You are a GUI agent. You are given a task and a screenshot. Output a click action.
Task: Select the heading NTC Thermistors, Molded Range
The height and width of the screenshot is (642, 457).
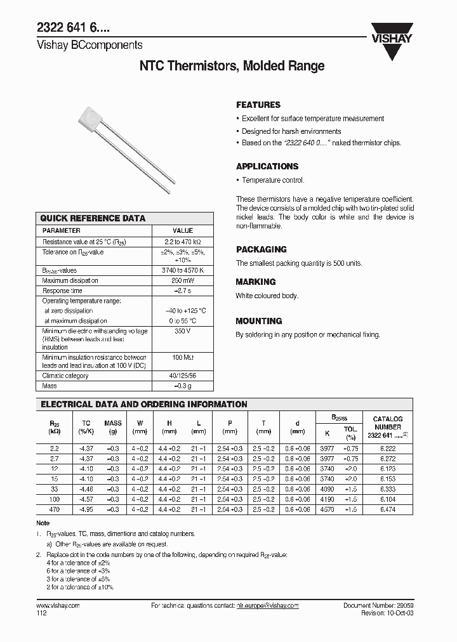pyautogui.click(x=232, y=66)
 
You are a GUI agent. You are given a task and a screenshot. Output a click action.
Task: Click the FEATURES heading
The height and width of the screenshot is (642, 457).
pyautogui.click(x=258, y=105)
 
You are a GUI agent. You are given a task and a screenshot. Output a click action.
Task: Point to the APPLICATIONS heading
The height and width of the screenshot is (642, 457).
pyautogui.click(x=267, y=166)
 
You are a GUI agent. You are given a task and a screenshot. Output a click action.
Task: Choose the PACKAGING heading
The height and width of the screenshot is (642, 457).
pyautogui.click(x=262, y=249)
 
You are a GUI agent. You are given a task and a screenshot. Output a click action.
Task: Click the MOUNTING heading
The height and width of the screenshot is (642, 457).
pyautogui.click(x=259, y=321)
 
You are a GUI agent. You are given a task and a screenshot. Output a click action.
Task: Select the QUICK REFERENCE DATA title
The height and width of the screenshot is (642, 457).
pyautogui.click(x=93, y=218)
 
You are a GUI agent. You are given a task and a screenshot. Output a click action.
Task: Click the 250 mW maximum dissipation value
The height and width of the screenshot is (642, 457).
pyautogui.click(x=183, y=280)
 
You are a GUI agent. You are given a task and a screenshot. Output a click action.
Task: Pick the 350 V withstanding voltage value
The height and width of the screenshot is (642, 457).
pyautogui.click(x=183, y=331)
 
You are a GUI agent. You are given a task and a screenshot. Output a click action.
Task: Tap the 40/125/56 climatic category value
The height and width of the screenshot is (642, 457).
pyautogui.click(x=183, y=376)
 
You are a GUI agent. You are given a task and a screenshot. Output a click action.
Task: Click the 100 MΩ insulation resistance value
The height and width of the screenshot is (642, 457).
pyautogui.click(x=183, y=358)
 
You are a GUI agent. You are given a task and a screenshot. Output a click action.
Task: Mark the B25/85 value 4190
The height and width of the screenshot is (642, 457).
pyautogui.click(x=328, y=500)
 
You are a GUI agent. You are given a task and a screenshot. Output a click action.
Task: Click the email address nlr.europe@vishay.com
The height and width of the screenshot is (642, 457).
pyautogui.click(x=262, y=606)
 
